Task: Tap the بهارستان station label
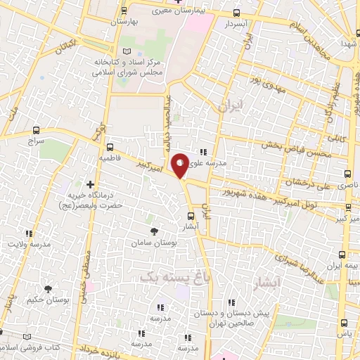(125, 22)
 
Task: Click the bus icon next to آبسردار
(236, 13)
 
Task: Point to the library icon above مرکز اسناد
(127, 52)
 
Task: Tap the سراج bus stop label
(37, 141)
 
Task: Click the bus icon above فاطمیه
(109, 148)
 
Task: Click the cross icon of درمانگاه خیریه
(90, 184)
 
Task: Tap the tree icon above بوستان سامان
(154, 231)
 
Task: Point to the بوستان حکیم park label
(48, 300)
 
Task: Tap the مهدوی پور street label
(268, 88)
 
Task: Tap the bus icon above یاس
(344, 323)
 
